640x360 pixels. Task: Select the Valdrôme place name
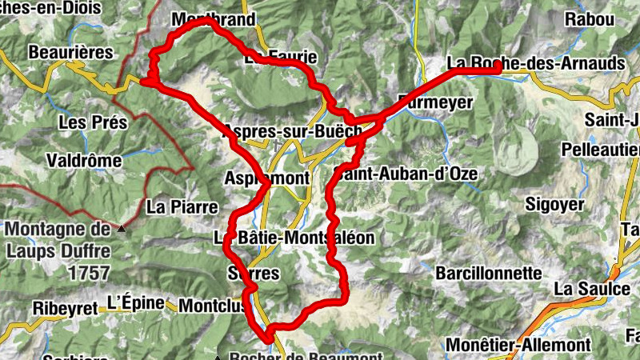click(84, 160)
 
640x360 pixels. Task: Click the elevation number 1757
click(89, 273)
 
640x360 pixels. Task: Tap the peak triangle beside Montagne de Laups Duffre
click(122, 230)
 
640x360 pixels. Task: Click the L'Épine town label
click(135, 303)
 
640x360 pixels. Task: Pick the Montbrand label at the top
click(213, 20)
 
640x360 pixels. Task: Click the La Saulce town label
click(592, 288)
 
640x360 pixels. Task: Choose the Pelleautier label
click(600, 150)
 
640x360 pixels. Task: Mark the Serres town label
click(254, 274)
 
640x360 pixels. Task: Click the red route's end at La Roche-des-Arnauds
click(498, 70)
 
